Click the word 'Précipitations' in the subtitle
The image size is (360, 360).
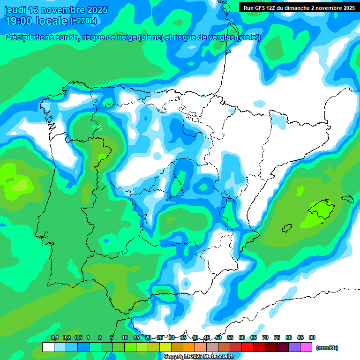[x=30, y=37]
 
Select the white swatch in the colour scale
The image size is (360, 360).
[x=48, y=347]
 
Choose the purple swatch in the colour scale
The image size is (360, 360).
[x=294, y=347]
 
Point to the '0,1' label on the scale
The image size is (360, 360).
[x=54, y=337]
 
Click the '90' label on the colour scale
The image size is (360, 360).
[x=312, y=337]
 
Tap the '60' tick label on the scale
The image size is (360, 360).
[x=242, y=337]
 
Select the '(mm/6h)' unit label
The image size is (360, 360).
[x=327, y=348]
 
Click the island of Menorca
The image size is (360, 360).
[x=347, y=199]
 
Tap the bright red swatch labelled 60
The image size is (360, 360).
[x=247, y=347]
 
